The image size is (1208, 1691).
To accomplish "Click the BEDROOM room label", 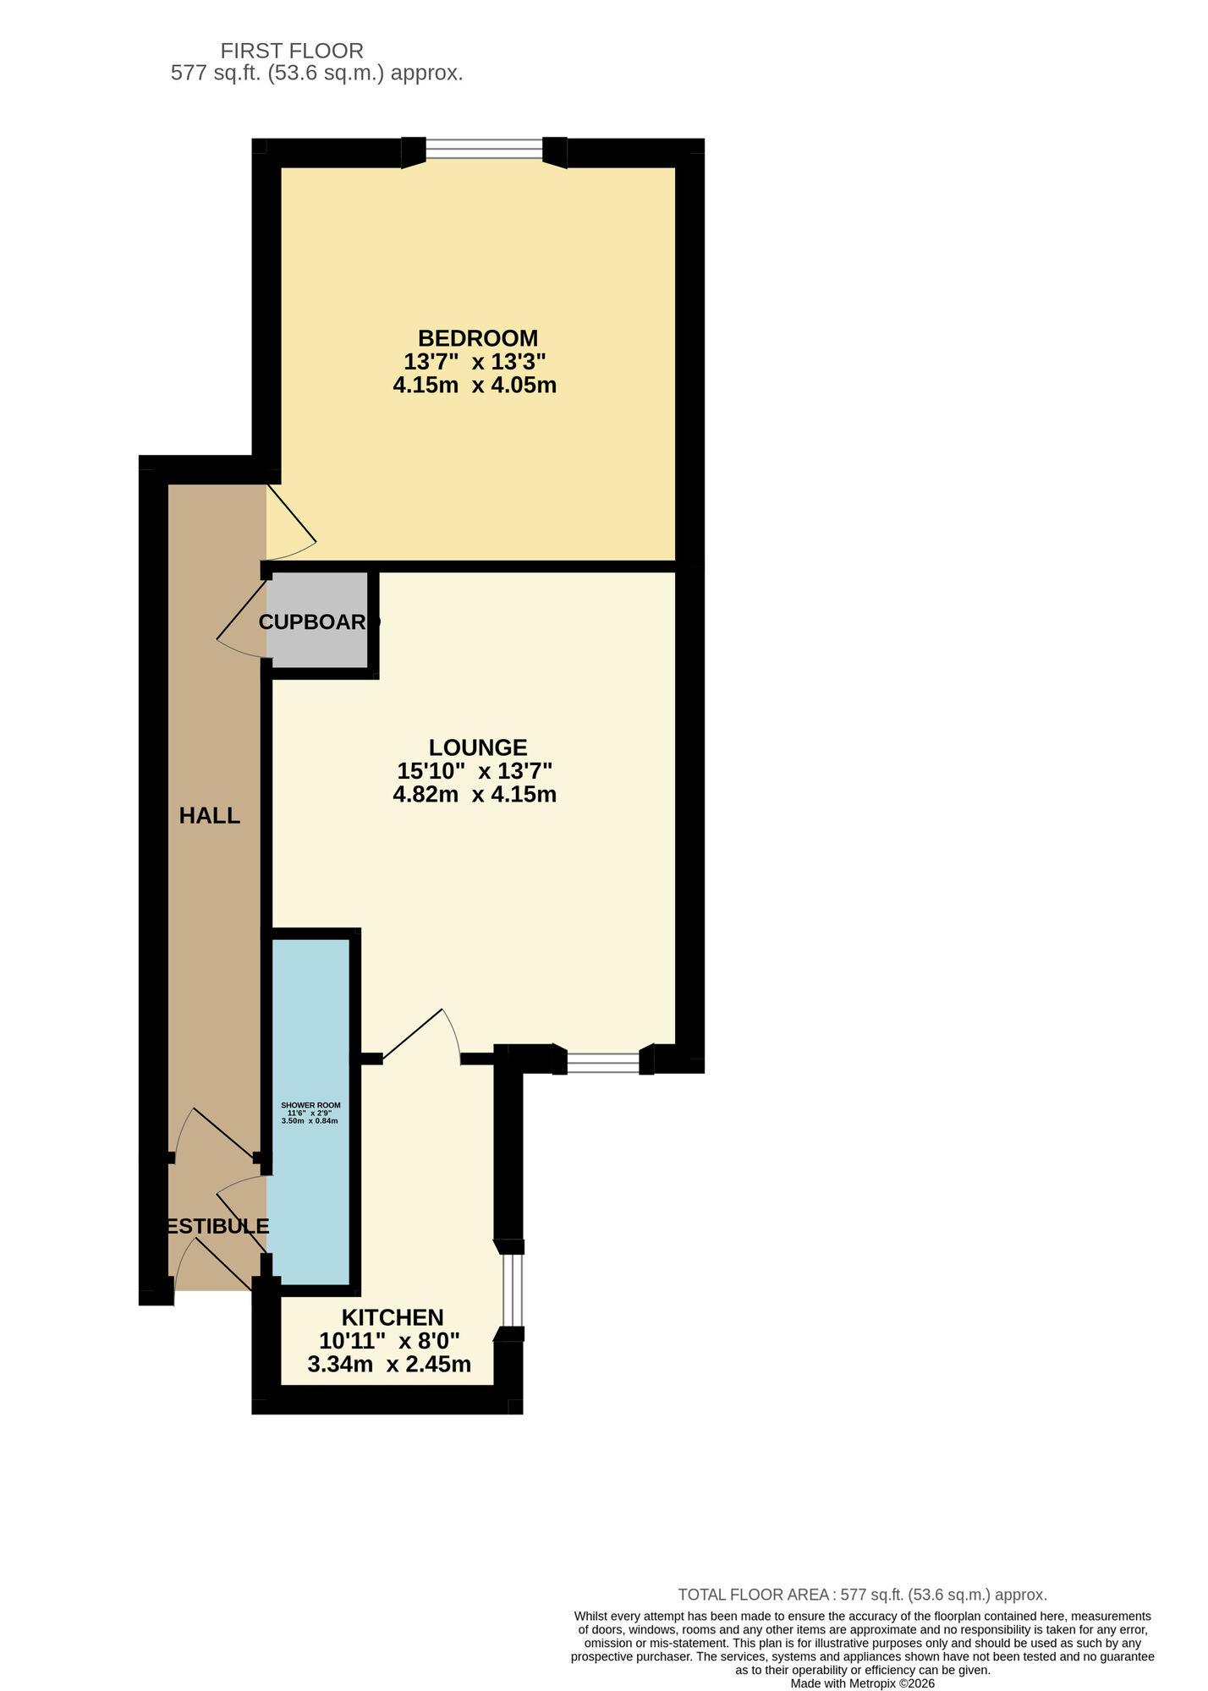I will coord(477,338).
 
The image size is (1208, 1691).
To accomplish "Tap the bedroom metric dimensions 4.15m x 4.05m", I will coord(475,386).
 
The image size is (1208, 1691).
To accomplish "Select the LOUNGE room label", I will coord(478,747).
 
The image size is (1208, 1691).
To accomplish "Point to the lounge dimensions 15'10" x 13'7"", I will coord(475,771).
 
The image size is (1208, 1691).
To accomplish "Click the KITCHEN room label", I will coord(393,1317).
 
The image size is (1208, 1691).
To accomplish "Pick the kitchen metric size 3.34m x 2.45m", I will coord(389,1365).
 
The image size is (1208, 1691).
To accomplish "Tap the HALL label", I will coord(210,816).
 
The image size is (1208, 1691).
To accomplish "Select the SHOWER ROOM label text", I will coord(310,1105).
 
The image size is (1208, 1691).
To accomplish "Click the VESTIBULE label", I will coord(217,1227).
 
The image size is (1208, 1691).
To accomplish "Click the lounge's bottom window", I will coord(603,1063).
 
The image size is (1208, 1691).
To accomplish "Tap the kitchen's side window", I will coord(513,1289).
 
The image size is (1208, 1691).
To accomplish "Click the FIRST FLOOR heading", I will coord(292,51).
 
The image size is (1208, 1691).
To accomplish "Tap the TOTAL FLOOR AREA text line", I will coord(862,1595).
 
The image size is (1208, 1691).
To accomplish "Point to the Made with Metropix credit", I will coord(862,1683).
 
